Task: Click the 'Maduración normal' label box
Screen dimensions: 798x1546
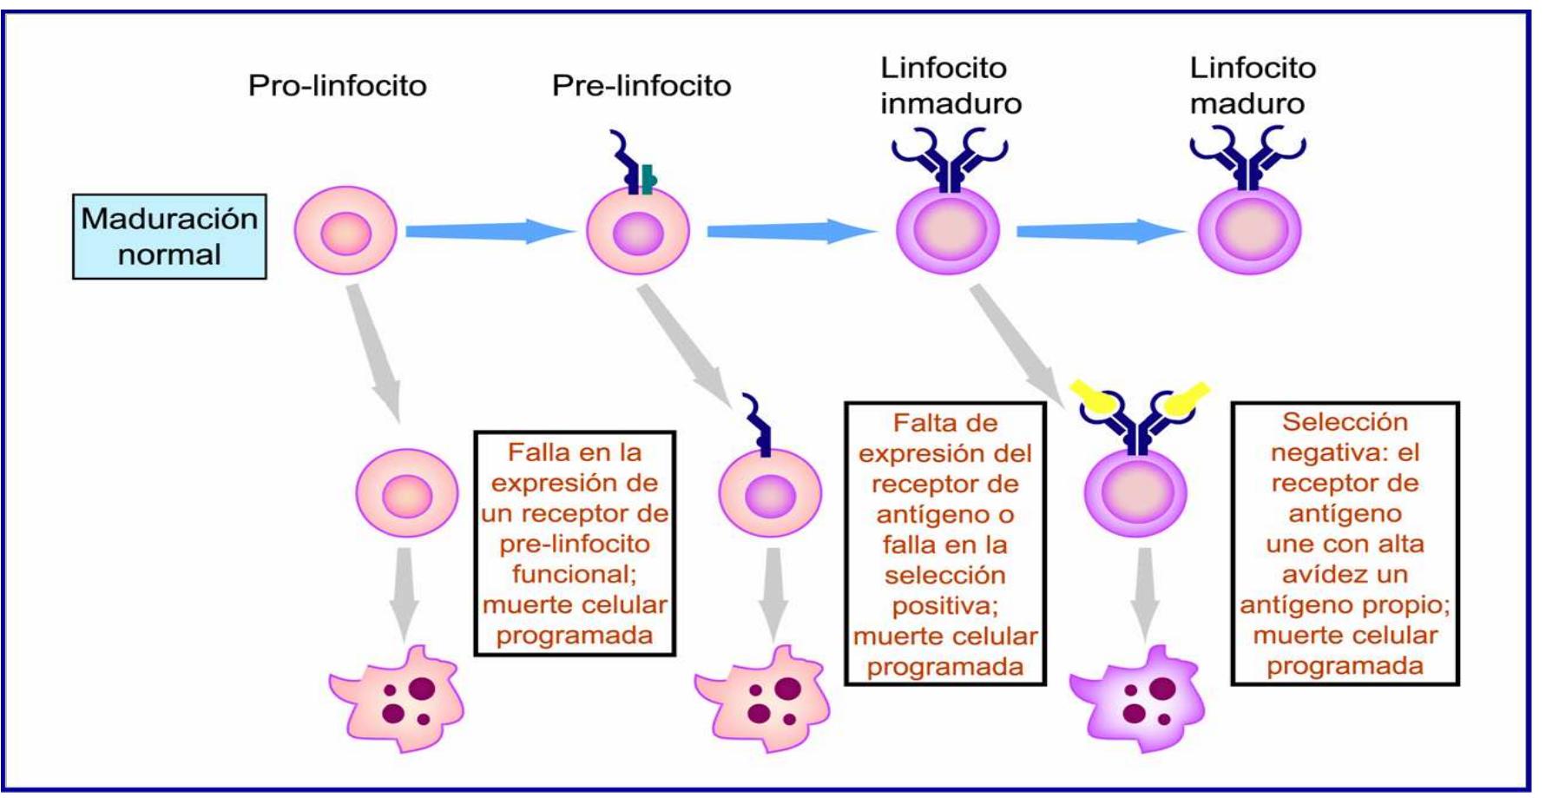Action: tap(169, 236)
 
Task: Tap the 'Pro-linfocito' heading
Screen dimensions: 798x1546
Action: tap(337, 86)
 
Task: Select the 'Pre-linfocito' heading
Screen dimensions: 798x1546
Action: tap(641, 86)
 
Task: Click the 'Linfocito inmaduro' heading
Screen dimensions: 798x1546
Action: tap(951, 86)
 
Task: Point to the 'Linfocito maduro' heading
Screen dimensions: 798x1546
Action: tap(1252, 86)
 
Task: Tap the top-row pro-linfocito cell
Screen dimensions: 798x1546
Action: tap(345, 232)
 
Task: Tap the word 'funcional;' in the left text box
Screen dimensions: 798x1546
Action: tap(575, 574)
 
